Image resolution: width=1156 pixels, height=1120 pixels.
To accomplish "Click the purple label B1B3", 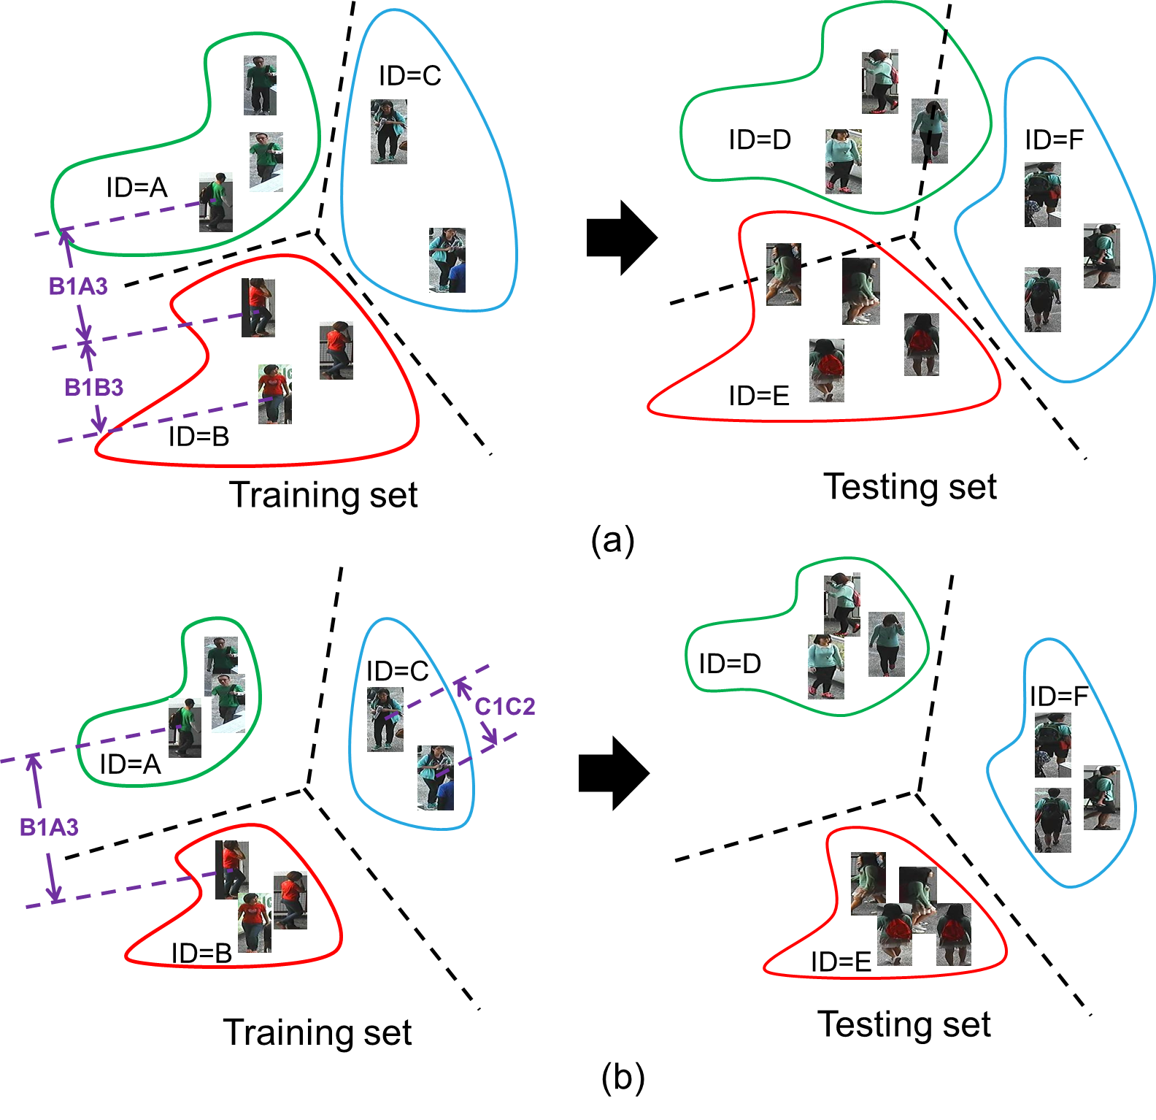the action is (93, 387).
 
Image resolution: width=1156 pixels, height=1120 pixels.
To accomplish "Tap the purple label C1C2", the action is (505, 707).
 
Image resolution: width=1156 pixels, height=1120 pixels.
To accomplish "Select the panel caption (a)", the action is (613, 540).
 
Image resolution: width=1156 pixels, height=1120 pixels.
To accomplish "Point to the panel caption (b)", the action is (623, 1078).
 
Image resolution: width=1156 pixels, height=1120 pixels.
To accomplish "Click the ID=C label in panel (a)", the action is (410, 75).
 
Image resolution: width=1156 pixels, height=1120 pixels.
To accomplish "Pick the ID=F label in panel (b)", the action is (1058, 696).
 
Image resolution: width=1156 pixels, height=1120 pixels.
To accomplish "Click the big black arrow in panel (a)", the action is (622, 238).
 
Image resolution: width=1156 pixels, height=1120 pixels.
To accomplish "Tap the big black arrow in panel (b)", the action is (614, 773).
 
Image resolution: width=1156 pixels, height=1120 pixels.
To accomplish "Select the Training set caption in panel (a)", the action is (323, 495).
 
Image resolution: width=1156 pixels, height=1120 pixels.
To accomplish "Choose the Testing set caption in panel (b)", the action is (904, 1024).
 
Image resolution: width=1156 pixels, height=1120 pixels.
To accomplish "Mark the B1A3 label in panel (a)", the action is (78, 286).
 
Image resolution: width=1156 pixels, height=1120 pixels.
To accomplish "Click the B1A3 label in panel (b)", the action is (49, 827).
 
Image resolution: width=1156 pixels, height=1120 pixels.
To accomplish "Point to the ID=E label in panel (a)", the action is (759, 396).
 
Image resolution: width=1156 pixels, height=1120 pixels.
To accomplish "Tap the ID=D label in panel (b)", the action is (730, 663).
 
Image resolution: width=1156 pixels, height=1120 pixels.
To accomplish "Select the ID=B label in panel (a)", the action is (199, 437).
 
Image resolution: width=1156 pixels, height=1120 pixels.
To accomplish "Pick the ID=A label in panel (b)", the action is (130, 764).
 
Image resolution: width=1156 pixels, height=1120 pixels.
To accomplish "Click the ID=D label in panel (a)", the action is (760, 139).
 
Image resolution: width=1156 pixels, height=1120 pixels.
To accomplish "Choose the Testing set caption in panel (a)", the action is (910, 486).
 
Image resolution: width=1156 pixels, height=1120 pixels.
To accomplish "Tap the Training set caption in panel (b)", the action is (317, 1032).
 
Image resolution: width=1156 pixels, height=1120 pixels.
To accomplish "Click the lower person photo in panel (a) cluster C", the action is (447, 260).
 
